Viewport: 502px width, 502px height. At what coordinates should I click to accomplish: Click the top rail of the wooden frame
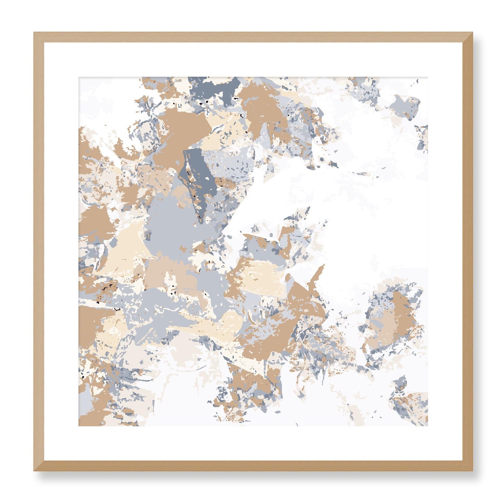coord(253,37)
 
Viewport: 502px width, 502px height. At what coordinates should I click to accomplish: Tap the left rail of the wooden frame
coord(39,252)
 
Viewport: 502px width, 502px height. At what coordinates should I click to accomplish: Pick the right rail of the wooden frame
coord(468,252)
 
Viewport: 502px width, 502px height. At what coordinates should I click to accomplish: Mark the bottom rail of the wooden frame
coord(253,466)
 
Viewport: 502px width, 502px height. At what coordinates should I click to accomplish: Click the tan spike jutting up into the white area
coord(318,274)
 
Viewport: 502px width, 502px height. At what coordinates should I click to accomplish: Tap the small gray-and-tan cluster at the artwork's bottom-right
coord(410,403)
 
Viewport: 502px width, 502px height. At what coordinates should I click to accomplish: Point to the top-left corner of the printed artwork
coord(79,77)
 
